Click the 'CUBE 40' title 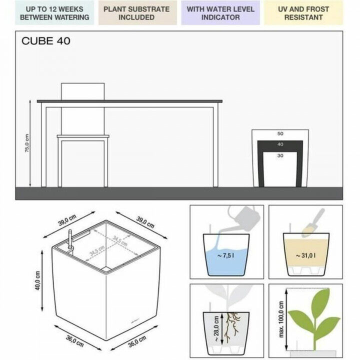point(46,41)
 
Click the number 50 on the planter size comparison point(280,134)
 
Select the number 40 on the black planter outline point(280,144)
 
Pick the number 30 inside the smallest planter point(280,155)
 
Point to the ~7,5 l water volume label point(226,256)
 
